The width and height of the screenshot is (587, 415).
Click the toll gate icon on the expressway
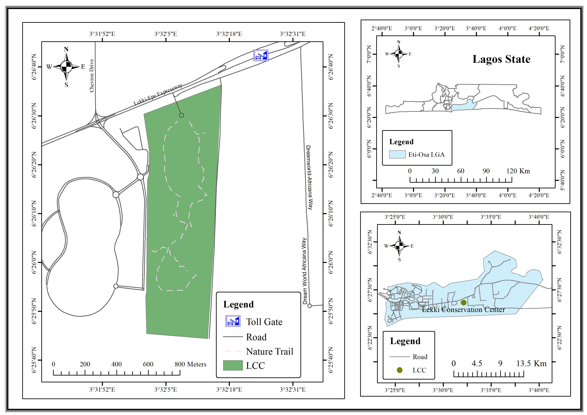click(260, 55)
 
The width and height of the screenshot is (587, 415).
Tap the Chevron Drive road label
click(92, 76)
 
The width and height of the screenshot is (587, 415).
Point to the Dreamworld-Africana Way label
click(309, 177)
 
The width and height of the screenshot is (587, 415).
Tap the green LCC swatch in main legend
click(233, 365)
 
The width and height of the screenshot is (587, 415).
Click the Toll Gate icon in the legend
click(233, 321)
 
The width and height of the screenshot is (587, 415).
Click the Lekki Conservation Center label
click(463, 310)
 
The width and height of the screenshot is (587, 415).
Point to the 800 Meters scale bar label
click(191, 364)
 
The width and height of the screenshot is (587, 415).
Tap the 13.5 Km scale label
click(531, 363)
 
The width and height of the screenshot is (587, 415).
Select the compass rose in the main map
click(66, 67)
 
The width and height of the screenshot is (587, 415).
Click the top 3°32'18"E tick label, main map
click(229, 34)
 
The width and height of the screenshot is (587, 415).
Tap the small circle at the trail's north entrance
click(182, 115)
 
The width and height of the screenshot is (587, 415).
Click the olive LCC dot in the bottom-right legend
click(400, 370)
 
